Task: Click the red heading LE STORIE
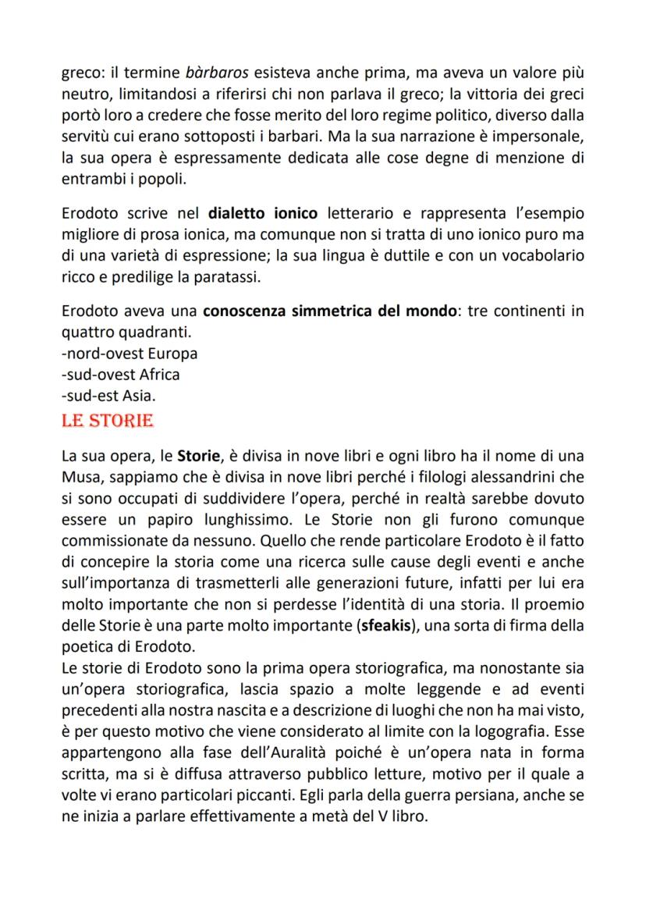(108, 422)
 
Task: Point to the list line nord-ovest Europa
(129, 353)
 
